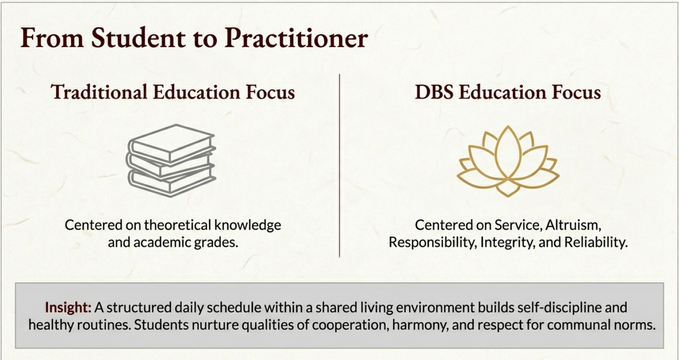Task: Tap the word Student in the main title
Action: pyautogui.click(x=138, y=38)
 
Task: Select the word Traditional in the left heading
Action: pyautogui.click(x=99, y=92)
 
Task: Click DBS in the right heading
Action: pyautogui.click(x=434, y=92)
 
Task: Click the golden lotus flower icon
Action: pyautogui.click(x=508, y=161)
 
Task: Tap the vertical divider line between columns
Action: pyautogui.click(x=339, y=165)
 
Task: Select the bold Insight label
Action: pyautogui.click(x=68, y=307)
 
